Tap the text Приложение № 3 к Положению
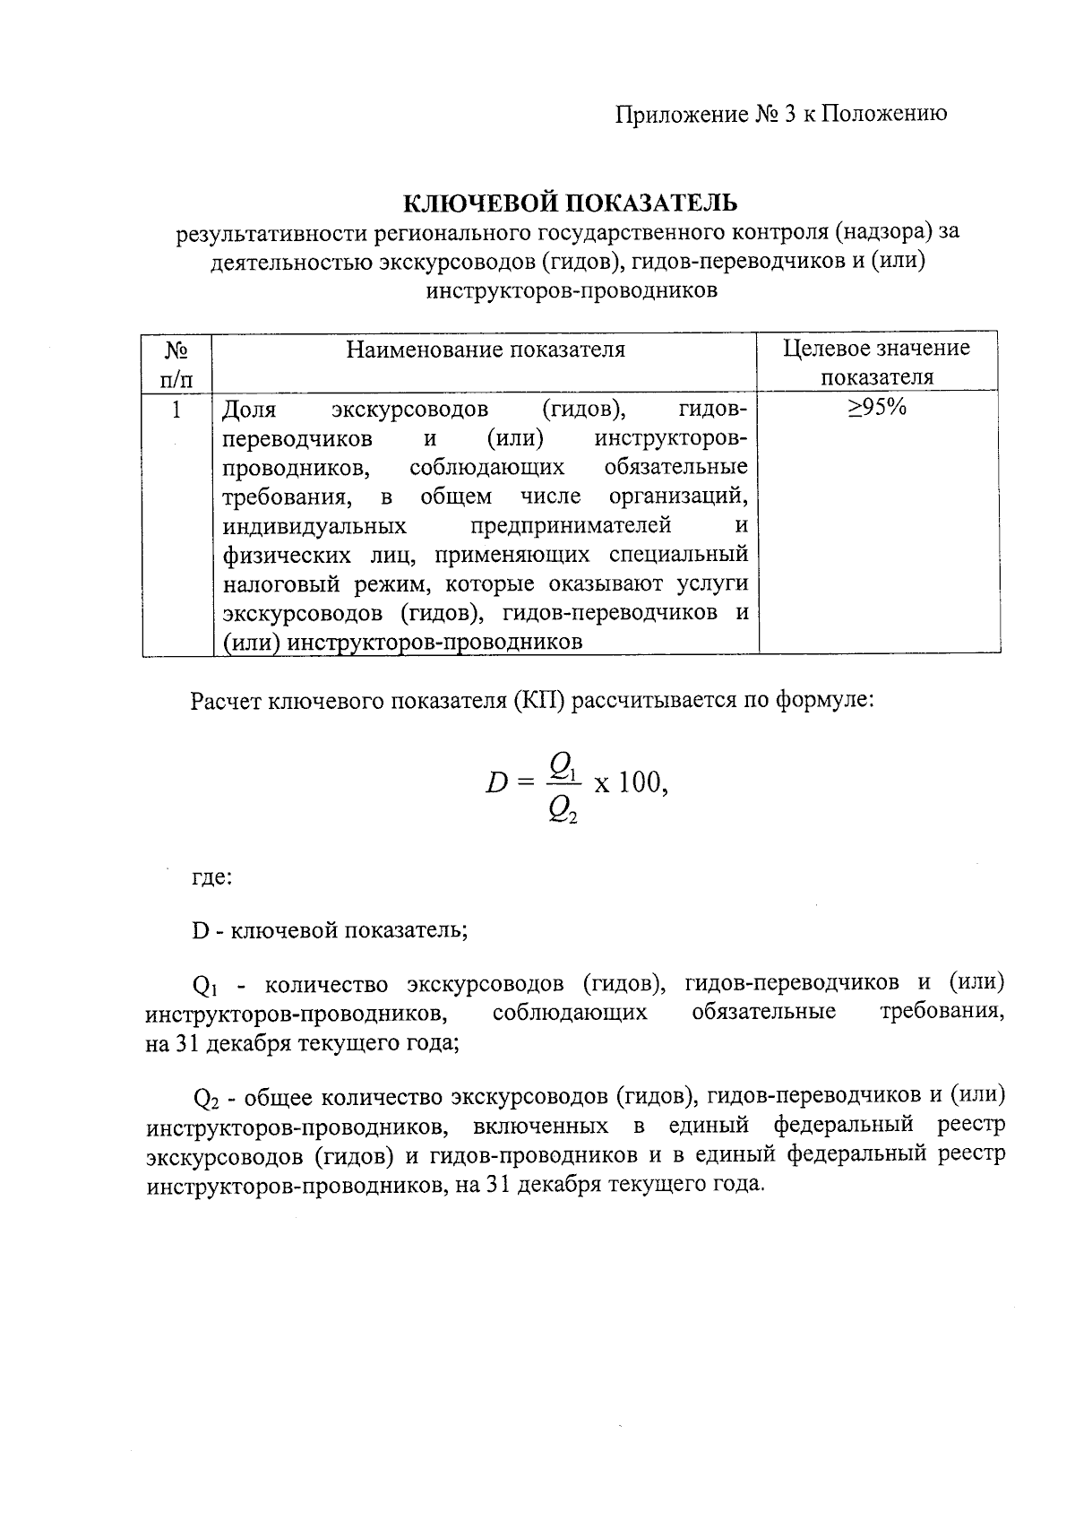pyautogui.click(x=780, y=114)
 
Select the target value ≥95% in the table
pyautogui.click(x=877, y=408)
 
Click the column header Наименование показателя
pyautogui.click(x=486, y=349)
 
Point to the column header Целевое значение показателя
pyautogui.click(x=876, y=362)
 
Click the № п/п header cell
pyautogui.click(x=176, y=362)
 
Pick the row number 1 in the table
pyautogui.click(x=176, y=410)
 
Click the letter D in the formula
pyautogui.click(x=496, y=783)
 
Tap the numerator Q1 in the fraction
pyautogui.click(x=564, y=764)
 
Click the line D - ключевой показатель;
pyautogui.click(x=330, y=929)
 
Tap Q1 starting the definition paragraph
pyautogui.click(x=205, y=986)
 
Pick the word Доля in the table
pyautogui.click(x=249, y=410)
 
